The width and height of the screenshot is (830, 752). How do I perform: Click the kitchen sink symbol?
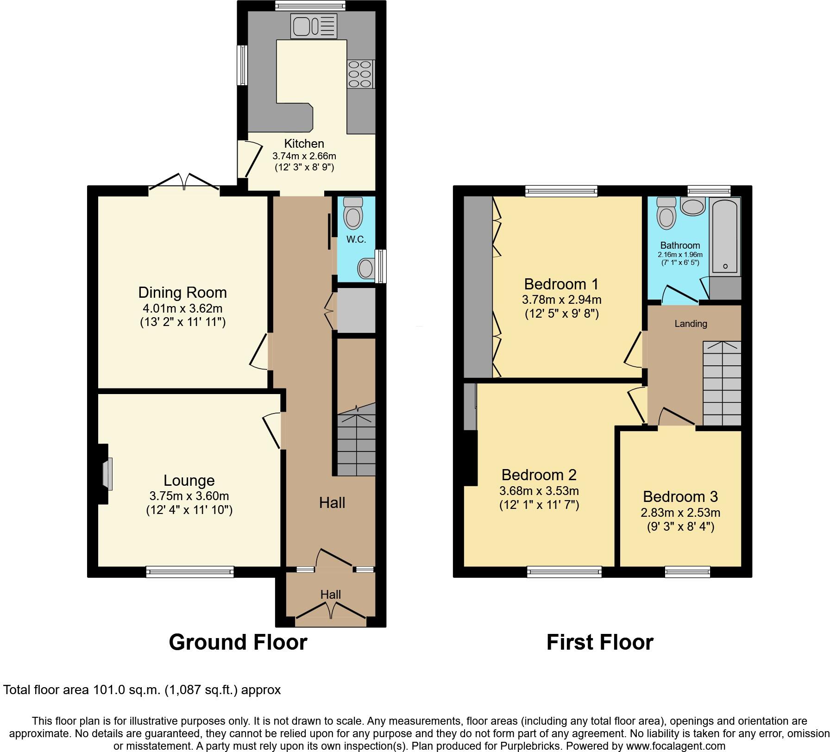pos(314,26)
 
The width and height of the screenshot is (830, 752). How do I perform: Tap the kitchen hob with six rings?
pos(360,74)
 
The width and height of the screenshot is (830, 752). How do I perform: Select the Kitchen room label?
pos(304,144)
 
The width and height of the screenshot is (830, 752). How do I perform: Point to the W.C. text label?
pos(356,239)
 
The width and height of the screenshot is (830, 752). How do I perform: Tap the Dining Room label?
pos(182,293)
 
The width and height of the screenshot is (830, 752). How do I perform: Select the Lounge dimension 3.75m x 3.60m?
pos(189,496)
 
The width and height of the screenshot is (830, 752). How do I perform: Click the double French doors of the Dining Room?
pos(184,182)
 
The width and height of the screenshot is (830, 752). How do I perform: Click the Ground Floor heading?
pos(238,643)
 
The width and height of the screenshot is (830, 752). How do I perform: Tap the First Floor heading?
pos(599,643)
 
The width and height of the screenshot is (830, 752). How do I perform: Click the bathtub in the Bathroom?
pos(725,236)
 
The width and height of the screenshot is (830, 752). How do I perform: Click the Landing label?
pos(691,324)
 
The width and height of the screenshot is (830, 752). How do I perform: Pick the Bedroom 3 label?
pos(680,497)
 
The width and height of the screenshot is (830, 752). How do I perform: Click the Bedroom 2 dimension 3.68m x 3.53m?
pos(539,491)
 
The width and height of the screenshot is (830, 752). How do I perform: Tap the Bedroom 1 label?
pos(561,284)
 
